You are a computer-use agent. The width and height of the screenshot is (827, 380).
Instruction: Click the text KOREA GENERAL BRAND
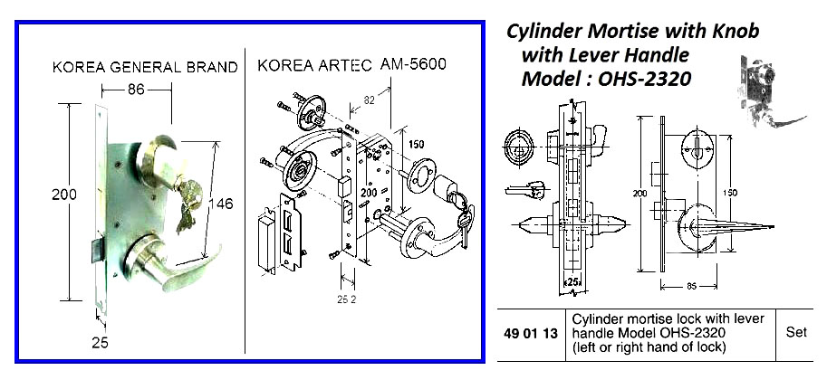[x=145, y=67]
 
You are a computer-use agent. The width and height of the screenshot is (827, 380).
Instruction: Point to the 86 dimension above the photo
[x=136, y=90]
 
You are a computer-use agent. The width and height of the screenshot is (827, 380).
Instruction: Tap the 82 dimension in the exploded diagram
[x=369, y=97]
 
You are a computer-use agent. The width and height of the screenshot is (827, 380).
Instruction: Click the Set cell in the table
[x=796, y=332]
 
